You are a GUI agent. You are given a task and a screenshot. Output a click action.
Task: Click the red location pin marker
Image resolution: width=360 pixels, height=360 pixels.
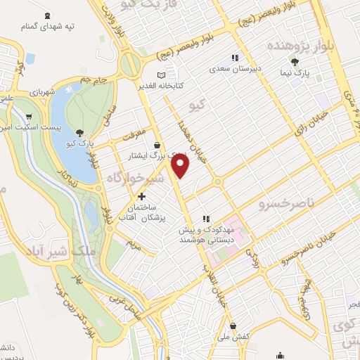click(x=181, y=166)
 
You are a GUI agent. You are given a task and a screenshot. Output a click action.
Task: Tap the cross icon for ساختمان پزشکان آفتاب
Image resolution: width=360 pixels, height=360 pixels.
click(x=143, y=197)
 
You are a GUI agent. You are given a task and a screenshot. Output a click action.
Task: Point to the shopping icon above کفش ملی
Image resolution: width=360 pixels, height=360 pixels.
click(x=234, y=326)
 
